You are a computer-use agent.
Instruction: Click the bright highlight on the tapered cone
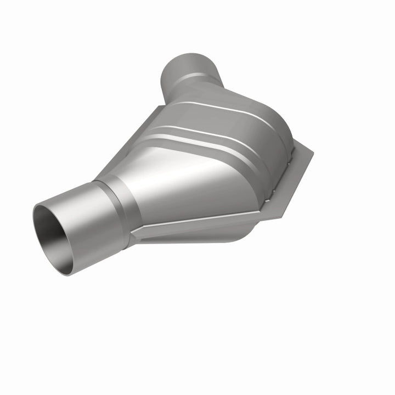pos(165,181)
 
